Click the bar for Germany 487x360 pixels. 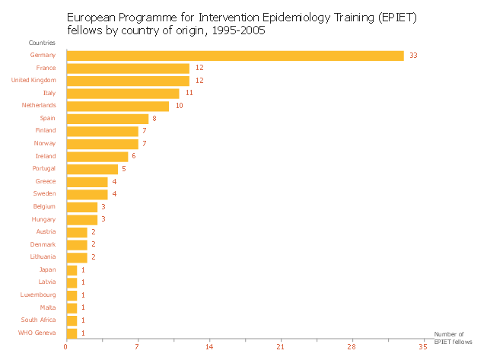click(x=235, y=56)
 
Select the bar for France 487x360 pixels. click(x=128, y=68)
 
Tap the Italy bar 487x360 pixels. click(x=123, y=94)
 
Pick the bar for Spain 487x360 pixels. click(x=107, y=119)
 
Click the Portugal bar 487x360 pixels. click(x=92, y=169)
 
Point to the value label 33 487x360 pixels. click(x=414, y=56)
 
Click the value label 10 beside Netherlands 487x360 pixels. click(x=179, y=106)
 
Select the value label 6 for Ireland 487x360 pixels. click(x=133, y=156)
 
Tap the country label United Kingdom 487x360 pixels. click(x=33, y=81)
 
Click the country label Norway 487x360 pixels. click(x=45, y=144)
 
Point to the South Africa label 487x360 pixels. click(x=38, y=320)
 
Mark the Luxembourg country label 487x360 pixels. click(x=38, y=295)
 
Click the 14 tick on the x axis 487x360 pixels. click(x=209, y=347)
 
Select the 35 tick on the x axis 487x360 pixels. click(x=422, y=347)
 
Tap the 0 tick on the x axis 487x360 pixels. click(x=66, y=347)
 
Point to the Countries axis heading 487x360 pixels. click(x=42, y=43)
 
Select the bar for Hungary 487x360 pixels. click(x=81, y=219)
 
